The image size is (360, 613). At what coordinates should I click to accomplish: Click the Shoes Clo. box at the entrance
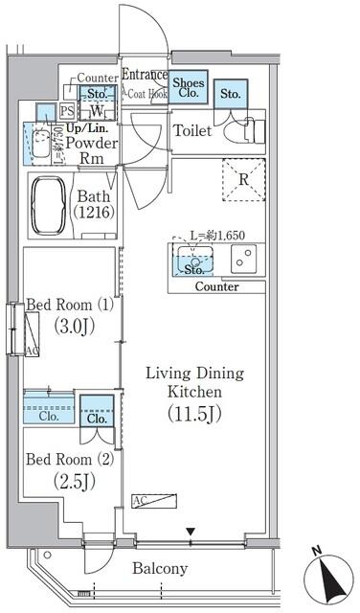coord(189,89)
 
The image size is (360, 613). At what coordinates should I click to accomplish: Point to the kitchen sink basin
coord(196,259)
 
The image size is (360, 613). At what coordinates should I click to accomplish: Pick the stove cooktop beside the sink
coord(245,259)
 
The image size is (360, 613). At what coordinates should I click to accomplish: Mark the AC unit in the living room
coord(154,501)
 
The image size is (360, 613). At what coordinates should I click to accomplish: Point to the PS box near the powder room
coord(66,111)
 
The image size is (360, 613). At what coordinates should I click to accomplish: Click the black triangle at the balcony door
coord(191,532)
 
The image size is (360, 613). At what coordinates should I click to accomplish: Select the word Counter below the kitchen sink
coord(216,286)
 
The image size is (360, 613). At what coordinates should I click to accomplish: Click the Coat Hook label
coord(146,93)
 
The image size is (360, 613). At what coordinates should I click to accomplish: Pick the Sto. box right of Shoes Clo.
coord(230,94)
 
